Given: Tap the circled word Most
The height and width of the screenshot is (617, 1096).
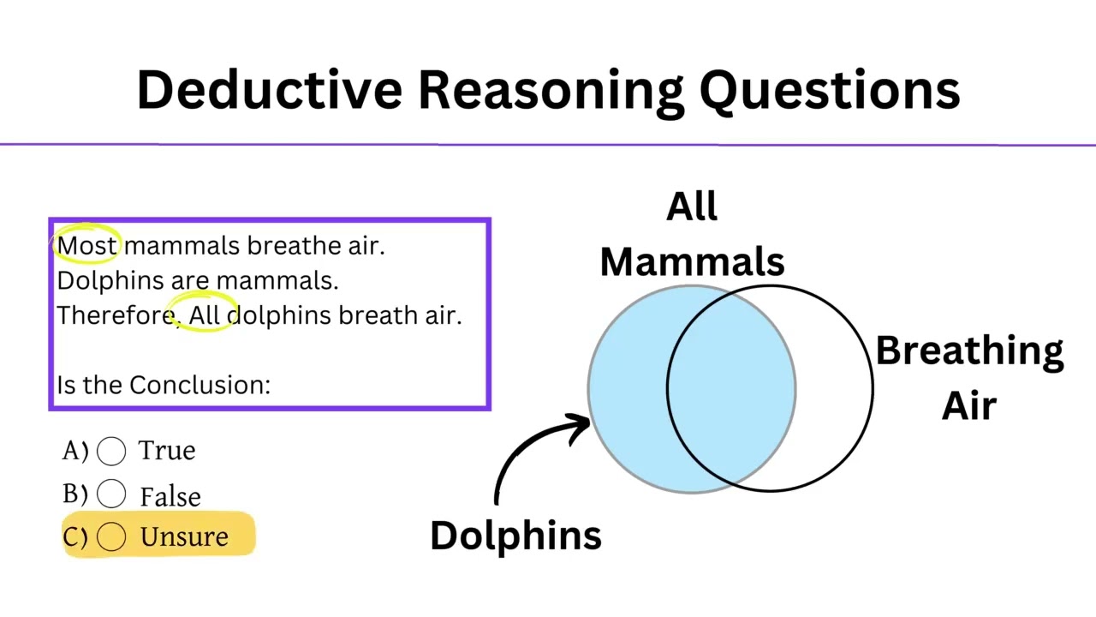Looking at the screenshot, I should [x=86, y=246].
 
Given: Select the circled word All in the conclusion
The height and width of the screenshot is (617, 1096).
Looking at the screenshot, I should [x=205, y=315].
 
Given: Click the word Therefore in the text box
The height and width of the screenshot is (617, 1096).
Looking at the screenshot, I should [x=116, y=315].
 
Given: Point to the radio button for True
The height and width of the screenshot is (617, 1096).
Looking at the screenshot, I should [x=111, y=451].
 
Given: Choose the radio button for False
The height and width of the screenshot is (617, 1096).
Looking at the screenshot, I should [x=111, y=494].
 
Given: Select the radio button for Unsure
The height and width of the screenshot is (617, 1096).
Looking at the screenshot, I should [x=111, y=537].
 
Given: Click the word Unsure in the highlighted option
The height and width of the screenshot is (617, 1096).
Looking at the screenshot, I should [x=184, y=537].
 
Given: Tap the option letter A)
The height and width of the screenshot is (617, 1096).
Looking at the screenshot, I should [x=75, y=450].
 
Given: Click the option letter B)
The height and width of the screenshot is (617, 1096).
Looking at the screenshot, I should [x=75, y=494].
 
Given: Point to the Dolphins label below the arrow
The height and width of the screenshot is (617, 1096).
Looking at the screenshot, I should [x=515, y=536].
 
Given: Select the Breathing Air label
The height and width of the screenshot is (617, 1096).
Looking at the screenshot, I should [x=969, y=377].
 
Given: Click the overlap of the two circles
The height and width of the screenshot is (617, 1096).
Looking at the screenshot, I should [x=731, y=388].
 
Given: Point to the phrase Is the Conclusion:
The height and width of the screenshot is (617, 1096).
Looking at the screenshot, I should [x=164, y=386].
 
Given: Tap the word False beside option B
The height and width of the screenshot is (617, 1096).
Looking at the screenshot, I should [x=170, y=496].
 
